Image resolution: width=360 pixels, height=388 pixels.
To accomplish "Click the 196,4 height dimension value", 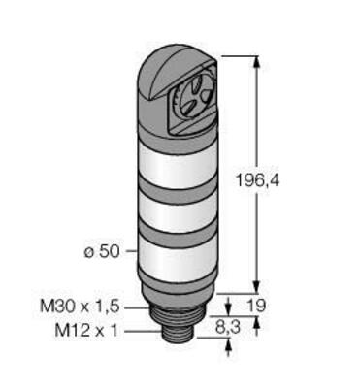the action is pyautogui.click(x=257, y=180).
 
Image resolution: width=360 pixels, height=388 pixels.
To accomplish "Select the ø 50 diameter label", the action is pyautogui.click(x=102, y=252).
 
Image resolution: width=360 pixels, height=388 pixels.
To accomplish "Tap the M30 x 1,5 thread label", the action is pyautogui.click(x=80, y=307).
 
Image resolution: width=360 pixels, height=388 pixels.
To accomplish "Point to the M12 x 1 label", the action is pyautogui.click(x=86, y=331).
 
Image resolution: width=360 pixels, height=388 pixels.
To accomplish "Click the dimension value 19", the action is pyautogui.click(x=255, y=306).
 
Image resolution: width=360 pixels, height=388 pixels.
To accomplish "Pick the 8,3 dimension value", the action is pyautogui.click(x=228, y=328).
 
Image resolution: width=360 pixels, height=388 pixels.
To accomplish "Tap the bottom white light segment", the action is pyautogui.click(x=178, y=255).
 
